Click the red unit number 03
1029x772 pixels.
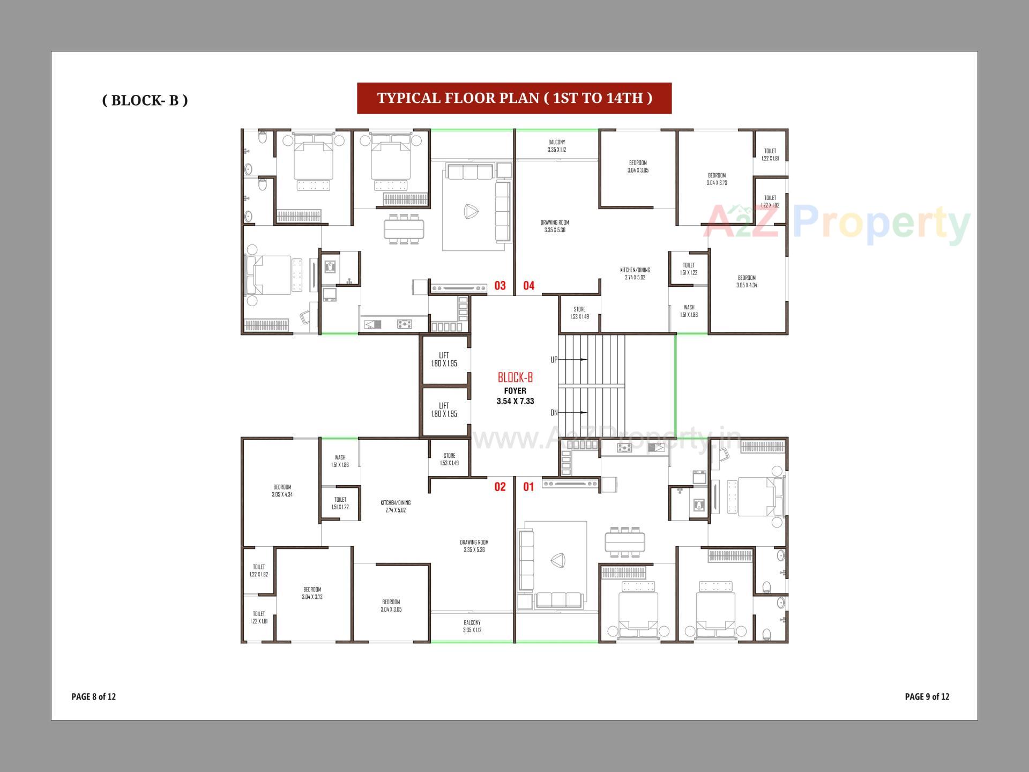499,286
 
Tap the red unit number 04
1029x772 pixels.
528,286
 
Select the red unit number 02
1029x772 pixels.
499,487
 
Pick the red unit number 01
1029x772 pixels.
528,487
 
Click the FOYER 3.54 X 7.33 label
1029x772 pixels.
515,396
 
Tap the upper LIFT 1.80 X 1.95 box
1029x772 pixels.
444,359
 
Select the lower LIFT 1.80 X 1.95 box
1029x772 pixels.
444,410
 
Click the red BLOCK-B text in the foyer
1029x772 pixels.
515,377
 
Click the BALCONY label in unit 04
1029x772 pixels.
556,146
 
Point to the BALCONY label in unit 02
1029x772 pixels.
472,626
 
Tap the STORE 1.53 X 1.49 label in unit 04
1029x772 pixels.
579,313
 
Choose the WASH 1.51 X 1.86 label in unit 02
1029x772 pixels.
340,461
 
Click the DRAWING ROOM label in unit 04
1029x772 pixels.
555,226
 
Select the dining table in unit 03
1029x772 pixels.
403,229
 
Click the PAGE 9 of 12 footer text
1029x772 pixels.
927,696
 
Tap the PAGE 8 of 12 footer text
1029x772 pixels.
94,696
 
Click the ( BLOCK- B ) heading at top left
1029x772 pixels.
145,100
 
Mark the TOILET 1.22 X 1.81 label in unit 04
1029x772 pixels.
770,154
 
